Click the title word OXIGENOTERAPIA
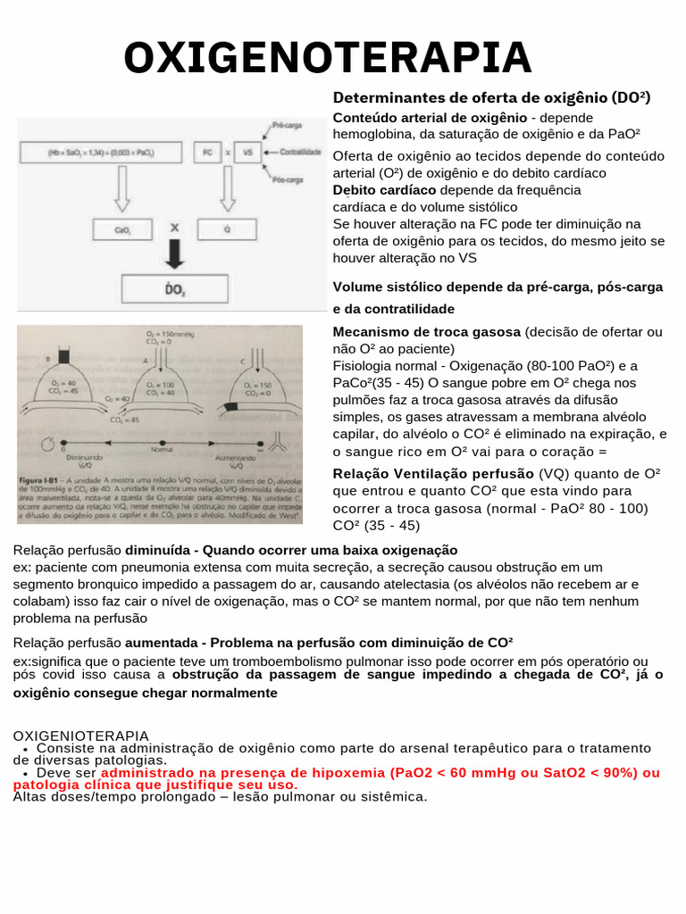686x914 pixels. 327,58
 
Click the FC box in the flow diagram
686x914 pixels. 207,153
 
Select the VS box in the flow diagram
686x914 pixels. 247,153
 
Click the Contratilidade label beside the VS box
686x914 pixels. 299,153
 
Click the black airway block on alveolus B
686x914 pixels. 63,356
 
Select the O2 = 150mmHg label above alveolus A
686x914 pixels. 162,334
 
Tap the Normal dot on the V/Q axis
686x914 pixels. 162,441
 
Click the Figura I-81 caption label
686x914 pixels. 40,479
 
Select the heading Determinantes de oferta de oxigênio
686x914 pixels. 491,97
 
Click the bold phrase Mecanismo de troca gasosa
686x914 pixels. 427,332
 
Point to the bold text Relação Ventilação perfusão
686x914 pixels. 434,474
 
